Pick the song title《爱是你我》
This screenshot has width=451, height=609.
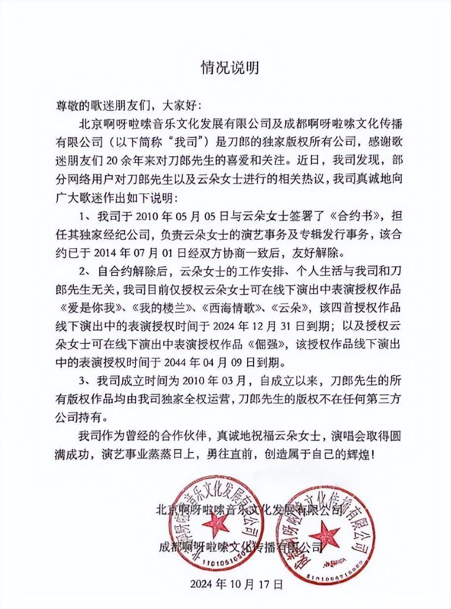[x=92, y=307]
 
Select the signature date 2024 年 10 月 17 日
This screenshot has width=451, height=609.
[x=237, y=585]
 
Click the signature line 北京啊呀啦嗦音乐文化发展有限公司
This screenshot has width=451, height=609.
[x=249, y=508]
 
